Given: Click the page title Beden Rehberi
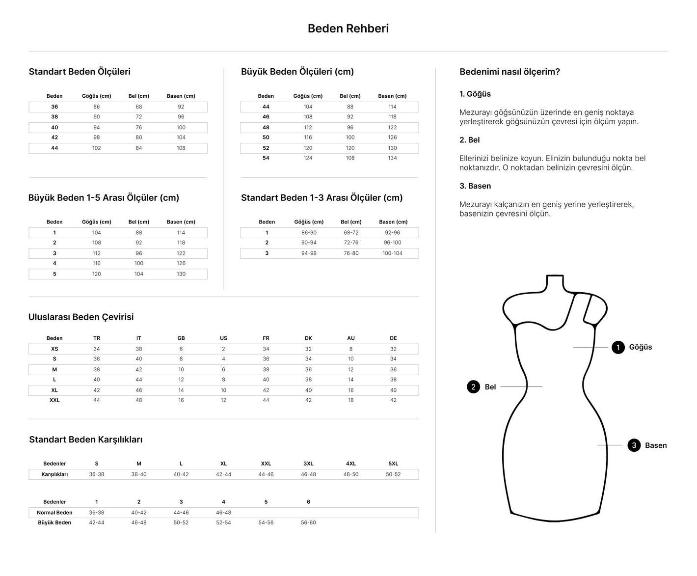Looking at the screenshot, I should [x=348, y=28].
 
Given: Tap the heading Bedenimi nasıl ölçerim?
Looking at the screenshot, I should [x=509, y=72].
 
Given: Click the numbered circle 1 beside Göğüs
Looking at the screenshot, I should [x=618, y=347].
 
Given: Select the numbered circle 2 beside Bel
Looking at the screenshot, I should [x=473, y=387].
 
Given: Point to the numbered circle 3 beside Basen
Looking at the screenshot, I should [x=634, y=445].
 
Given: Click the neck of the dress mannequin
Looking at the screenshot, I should [x=555, y=283].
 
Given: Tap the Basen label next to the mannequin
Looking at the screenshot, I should [x=656, y=445].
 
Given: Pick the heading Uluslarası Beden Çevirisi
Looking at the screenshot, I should [x=81, y=317].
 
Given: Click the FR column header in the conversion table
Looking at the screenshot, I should [x=266, y=338].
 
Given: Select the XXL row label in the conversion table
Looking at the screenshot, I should [x=54, y=400].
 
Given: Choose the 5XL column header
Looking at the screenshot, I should [x=393, y=464].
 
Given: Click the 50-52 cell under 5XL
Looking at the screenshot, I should [x=393, y=474].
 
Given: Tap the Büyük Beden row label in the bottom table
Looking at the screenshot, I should [x=54, y=522].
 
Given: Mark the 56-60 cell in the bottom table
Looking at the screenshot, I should [x=308, y=522].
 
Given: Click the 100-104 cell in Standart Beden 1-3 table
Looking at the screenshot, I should [x=392, y=253].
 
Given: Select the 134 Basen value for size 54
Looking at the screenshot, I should [x=392, y=158].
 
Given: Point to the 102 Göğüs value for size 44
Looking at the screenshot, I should [x=97, y=148].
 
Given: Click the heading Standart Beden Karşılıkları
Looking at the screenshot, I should [x=86, y=439].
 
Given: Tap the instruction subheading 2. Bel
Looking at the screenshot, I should [x=470, y=140].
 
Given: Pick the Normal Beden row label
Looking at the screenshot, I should [x=54, y=513].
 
